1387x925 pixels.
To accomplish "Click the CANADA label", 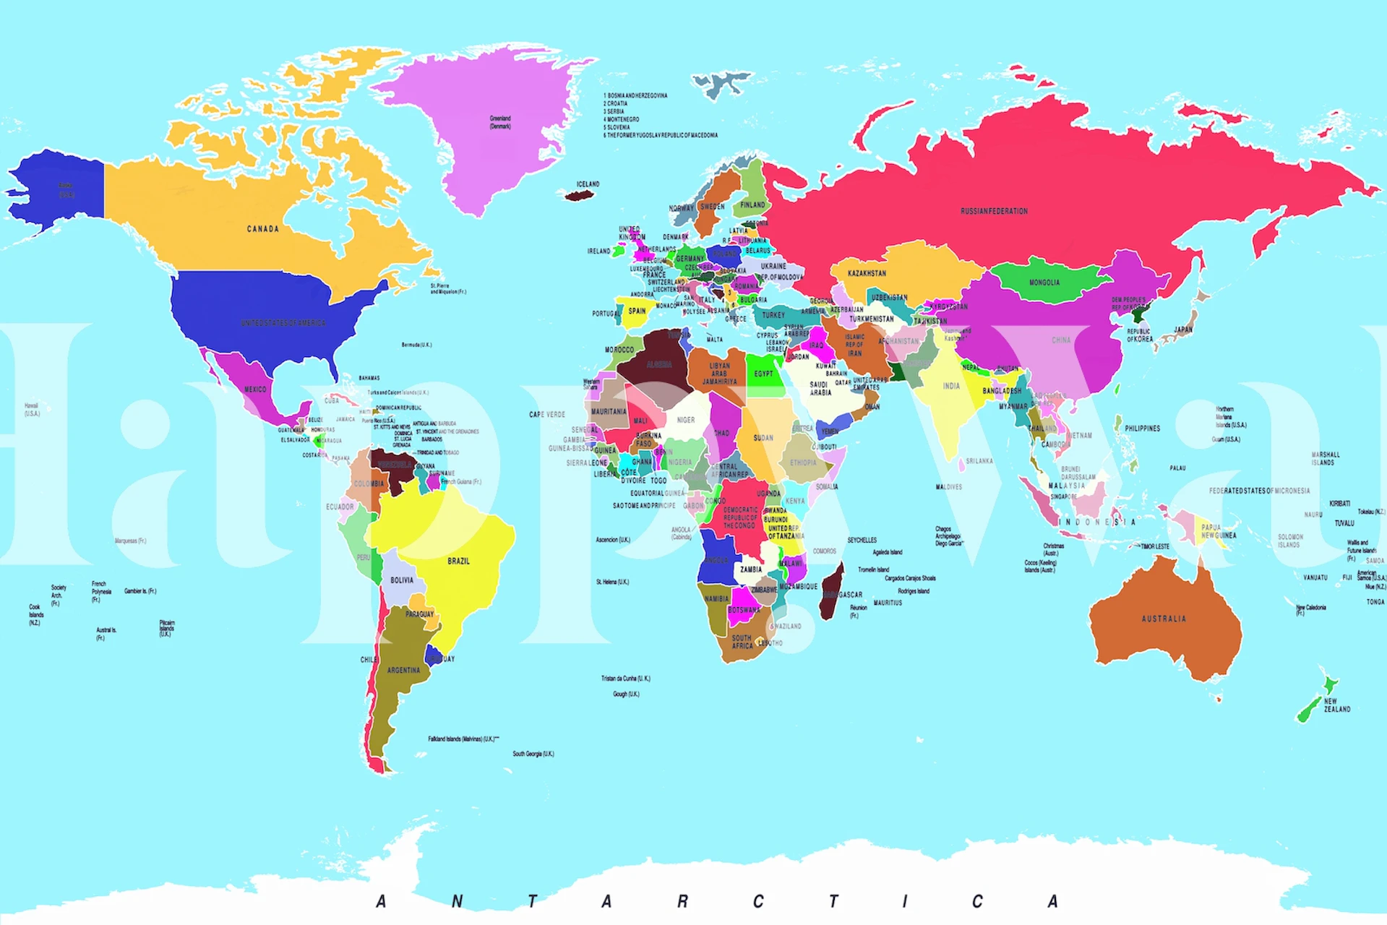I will tap(262, 229).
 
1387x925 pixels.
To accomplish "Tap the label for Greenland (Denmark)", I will tap(500, 122).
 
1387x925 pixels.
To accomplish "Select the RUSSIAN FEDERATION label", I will tap(994, 211).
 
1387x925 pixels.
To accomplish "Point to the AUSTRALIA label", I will tap(1164, 619).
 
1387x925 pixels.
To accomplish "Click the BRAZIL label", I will tap(458, 561).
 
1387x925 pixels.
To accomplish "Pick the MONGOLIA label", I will tap(1044, 283).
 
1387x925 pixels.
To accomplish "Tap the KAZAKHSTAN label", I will tap(867, 273).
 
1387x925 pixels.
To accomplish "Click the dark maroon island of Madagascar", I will tap(833, 593).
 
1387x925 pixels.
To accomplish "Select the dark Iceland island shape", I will tap(578, 195).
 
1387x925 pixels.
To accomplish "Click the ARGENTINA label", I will tap(403, 670).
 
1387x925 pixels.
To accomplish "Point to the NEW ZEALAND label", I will tap(1336, 705).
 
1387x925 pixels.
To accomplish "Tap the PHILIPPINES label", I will tap(1142, 429).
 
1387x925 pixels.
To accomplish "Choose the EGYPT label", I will tap(763, 374).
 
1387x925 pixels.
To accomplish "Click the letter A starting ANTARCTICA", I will tap(381, 901).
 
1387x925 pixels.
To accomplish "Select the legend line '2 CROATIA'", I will tap(617, 103).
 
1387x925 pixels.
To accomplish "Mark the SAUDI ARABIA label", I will tap(820, 389).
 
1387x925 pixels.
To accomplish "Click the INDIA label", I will tap(951, 386).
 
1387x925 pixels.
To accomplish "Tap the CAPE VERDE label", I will tap(547, 415).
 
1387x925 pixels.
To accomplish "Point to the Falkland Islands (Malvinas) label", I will tap(463, 739).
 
